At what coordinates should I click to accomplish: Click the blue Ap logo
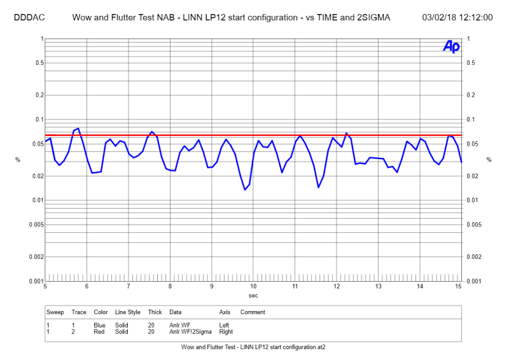[x=450, y=46]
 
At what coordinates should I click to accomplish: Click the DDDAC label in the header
[x=28, y=17]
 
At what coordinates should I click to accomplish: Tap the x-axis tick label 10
[x=253, y=287]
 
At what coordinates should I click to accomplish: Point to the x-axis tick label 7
[x=129, y=287]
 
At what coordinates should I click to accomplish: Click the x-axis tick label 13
[x=379, y=287]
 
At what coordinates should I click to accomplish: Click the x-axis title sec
[x=253, y=295]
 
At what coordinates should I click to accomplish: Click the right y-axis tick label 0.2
[x=471, y=95]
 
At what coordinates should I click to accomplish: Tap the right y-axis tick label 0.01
[x=473, y=200]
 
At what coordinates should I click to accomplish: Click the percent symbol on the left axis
[x=18, y=160]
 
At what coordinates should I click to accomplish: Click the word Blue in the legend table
[x=100, y=325]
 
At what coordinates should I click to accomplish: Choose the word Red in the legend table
[x=99, y=331]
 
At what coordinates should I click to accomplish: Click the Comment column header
[x=253, y=312]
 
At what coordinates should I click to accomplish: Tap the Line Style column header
[x=128, y=312]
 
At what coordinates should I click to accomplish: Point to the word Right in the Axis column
[x=225, y=331]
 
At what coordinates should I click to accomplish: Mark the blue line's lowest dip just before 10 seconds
[x=245, y=190]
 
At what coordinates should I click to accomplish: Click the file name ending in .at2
[x=253, y=347]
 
